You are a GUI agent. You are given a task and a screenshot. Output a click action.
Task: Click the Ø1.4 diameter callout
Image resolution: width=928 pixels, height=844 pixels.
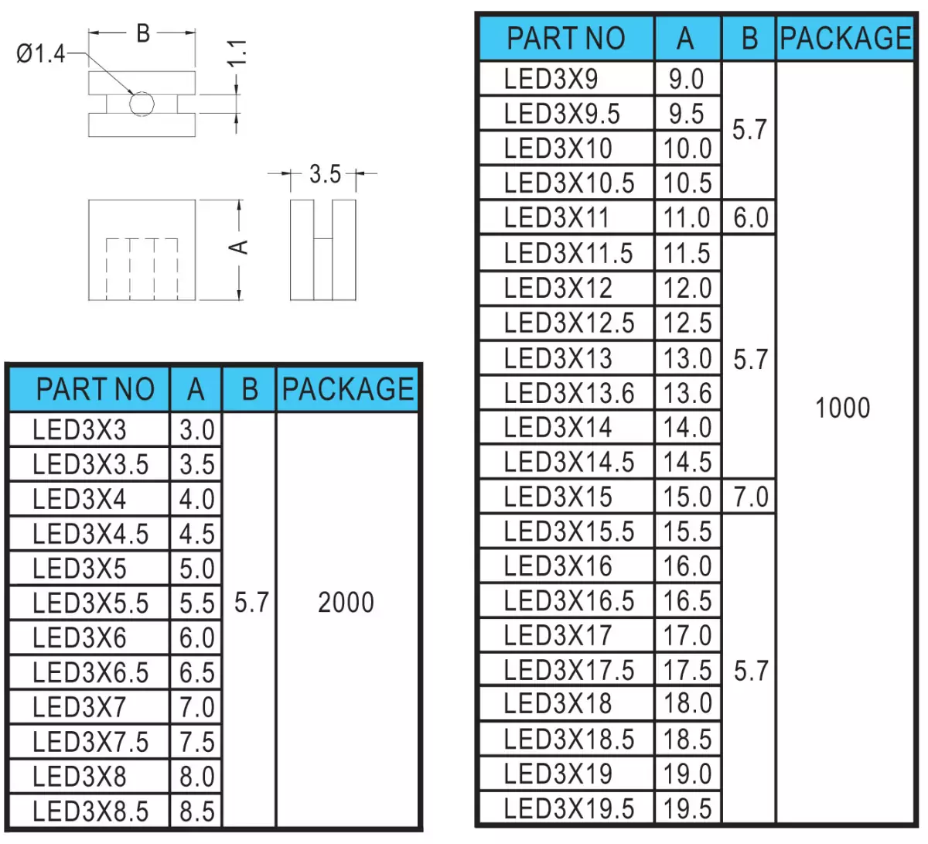41,53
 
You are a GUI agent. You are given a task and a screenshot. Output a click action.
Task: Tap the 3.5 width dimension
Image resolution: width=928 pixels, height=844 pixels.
325,175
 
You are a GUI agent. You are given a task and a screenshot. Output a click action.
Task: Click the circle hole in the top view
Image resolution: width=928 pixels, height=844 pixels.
142,104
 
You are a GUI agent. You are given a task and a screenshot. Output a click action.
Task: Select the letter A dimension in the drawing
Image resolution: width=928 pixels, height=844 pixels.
239,248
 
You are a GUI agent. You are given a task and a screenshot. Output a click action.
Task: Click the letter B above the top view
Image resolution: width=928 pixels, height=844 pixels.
143,34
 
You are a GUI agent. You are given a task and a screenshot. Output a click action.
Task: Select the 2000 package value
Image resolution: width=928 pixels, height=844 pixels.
346,603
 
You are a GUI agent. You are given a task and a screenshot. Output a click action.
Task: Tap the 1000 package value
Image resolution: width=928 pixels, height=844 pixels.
843,408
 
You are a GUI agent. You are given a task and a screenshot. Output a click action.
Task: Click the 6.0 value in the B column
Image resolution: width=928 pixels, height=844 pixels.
750,217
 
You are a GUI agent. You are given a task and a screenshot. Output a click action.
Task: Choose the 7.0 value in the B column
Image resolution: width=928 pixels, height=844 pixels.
751,497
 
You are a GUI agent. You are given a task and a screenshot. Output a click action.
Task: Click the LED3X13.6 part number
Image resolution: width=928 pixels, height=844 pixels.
569,393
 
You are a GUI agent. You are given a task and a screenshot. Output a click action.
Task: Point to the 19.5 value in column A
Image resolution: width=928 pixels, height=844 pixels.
687,809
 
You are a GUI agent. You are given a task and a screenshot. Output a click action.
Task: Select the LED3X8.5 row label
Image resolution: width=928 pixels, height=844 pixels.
90,812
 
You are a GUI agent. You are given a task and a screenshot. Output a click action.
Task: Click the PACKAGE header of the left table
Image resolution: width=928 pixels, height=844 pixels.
348,389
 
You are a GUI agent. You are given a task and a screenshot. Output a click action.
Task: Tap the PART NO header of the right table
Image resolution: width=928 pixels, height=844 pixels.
566,38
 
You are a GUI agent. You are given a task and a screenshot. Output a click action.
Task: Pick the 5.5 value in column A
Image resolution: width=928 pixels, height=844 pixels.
197,603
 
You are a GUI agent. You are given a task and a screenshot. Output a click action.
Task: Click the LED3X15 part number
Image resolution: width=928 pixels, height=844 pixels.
558,497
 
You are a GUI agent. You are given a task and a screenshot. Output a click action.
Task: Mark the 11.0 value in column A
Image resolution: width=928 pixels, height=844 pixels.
687,217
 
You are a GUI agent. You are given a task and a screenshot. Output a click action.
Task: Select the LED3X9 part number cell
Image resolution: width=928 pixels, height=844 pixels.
551,79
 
